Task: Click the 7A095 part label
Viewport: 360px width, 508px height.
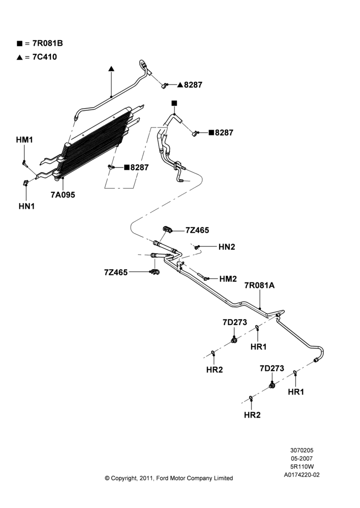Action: click(63, 195)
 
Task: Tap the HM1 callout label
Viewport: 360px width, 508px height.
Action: click(24, 140)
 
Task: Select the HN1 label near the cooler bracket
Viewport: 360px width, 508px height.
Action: click(26, 206)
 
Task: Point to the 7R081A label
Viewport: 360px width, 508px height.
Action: click(259, 285)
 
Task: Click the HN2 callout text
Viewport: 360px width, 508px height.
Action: click(227, 247)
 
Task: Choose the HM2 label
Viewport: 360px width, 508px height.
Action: click(228, 279)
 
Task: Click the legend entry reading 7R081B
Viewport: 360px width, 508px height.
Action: click(47, 43)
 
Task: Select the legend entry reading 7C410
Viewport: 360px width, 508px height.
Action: click(44, 57)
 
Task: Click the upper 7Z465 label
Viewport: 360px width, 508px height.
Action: click(197, 230)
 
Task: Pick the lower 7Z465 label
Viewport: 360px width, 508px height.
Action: click(116, 272)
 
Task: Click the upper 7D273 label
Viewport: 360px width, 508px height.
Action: click(234, 323)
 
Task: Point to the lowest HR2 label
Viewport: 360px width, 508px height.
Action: click(252, 415)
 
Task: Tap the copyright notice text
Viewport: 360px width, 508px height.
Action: click(169, 478)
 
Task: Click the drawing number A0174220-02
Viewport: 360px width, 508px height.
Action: click(302, 475)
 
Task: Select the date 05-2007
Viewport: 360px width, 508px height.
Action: click(302, 458)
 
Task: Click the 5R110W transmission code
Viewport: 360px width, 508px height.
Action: click(302, 466)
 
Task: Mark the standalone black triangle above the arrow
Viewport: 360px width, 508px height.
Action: click(111, 69)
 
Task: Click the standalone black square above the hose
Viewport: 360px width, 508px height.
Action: click(174, 103)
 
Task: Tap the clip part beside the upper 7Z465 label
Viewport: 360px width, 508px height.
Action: click(167, 230)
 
